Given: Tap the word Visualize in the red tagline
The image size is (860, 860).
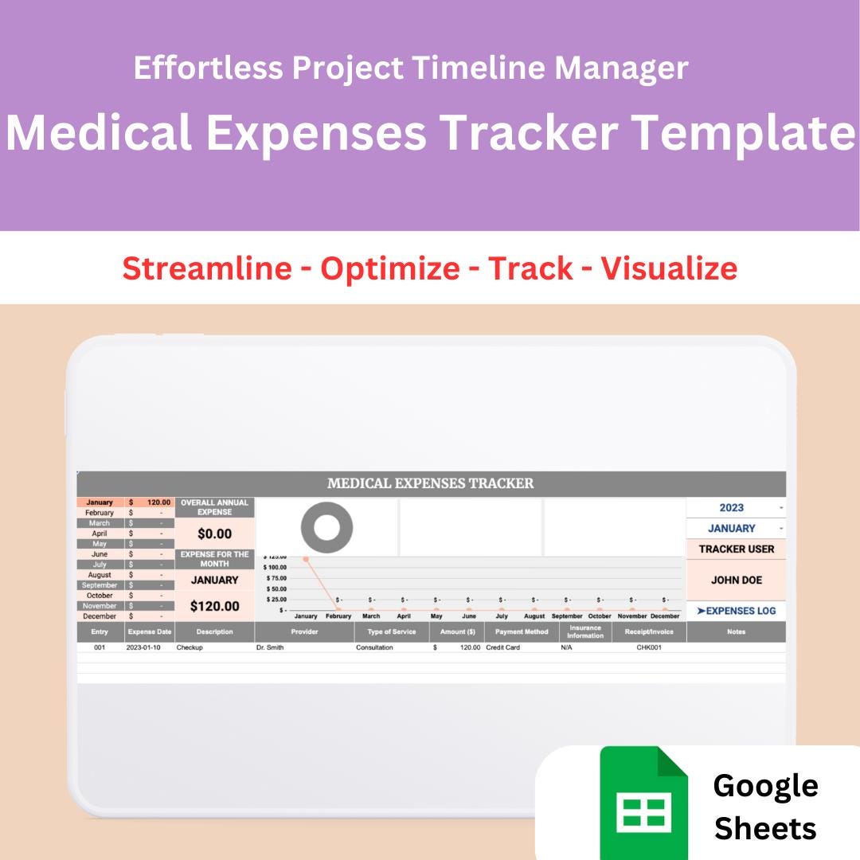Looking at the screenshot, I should coord(669,268).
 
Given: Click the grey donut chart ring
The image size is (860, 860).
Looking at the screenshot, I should coord(326,526).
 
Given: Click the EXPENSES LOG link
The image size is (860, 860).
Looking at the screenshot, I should coord(736,611).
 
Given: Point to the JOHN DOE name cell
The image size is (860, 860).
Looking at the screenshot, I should coord(736,580).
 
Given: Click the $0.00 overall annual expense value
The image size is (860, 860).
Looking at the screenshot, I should coord(214,534).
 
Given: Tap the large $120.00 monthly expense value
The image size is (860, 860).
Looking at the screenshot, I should coord(214,606).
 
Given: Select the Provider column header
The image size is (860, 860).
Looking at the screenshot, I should coord(304,632).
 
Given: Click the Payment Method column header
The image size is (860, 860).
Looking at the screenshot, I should coord(522,632).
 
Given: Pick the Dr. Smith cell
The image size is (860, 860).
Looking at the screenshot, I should coord(270,647).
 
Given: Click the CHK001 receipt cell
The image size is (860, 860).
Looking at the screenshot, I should coord(649,647).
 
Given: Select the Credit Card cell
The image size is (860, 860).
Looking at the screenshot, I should coord(502,647).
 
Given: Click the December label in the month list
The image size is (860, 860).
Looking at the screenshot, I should coord(100,616).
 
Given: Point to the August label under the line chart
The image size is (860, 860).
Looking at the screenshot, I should coord(534,616).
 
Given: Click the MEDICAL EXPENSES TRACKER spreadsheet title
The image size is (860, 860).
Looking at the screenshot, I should coord(431,483).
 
